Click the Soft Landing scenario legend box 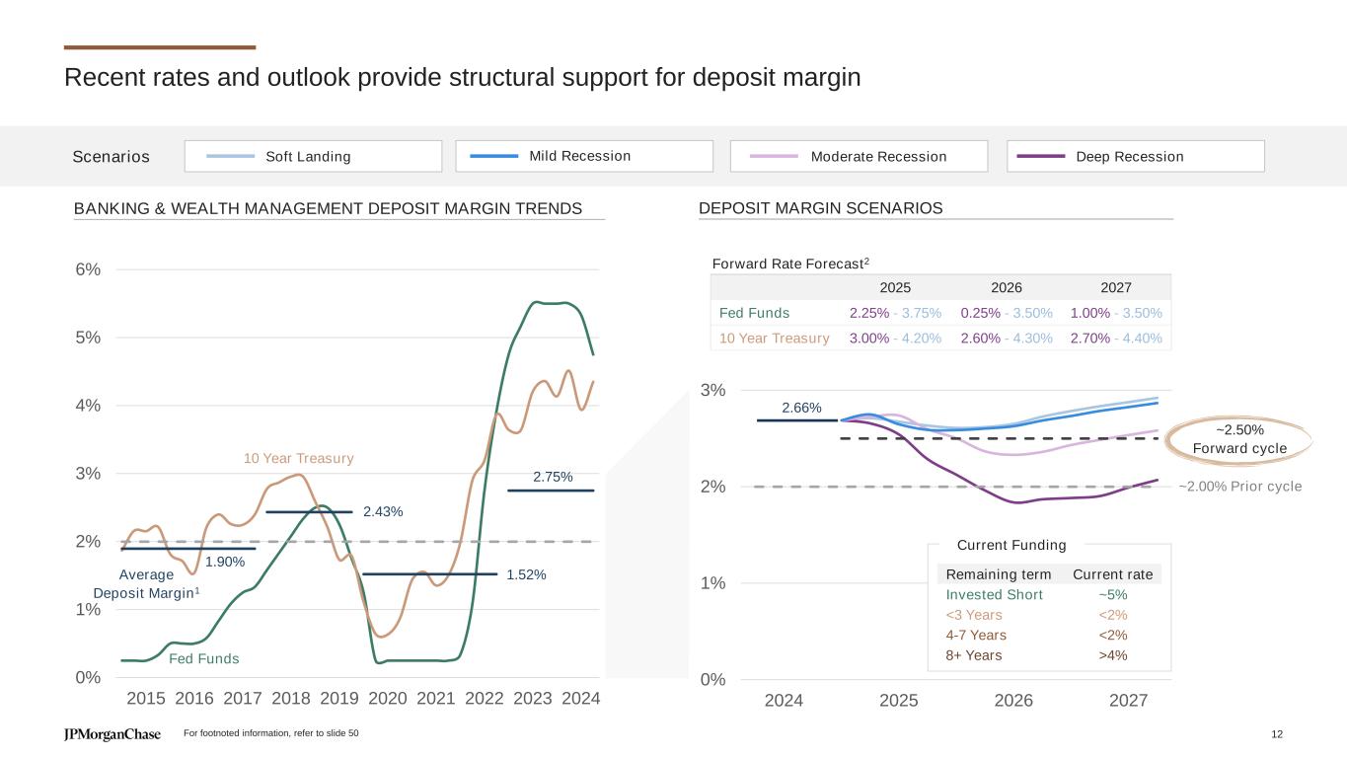[313, 156]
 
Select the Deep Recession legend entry [1135, 156]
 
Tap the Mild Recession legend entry [584, 156]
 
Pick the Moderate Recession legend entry [859, 156]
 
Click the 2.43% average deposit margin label [383, 511]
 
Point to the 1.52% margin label [526, 574]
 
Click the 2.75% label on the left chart [553, 477]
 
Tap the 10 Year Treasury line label [298, 459]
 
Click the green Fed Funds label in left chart [204, 658]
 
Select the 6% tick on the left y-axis [88, 269]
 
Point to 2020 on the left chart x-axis [387, 699]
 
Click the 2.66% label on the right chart [801, 408]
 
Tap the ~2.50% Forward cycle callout [1239, 439]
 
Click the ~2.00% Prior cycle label [1240, 487]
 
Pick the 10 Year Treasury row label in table [774, 339]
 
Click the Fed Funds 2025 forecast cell [895, 313]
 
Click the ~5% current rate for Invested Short [1112, 594]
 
